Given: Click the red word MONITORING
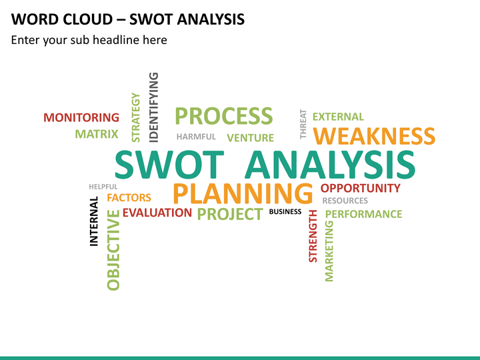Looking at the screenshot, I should [81, 118].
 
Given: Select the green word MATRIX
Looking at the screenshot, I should [97, 134].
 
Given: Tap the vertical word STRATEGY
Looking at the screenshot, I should [136, 117].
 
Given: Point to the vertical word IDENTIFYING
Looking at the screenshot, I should [154, 107].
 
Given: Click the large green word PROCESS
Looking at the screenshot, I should [223, 116].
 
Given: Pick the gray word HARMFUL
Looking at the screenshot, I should [196, 137].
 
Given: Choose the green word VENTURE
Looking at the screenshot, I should [250, 138].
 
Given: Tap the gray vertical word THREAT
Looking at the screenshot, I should [303, 124].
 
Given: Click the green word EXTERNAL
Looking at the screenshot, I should [338, 117].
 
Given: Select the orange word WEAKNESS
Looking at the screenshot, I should [374, 137].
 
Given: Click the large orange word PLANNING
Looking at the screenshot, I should [243, 193].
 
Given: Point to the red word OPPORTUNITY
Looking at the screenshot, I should [361, 188].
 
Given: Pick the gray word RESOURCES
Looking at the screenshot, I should [345, 201].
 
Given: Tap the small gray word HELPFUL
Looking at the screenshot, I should [103, 187].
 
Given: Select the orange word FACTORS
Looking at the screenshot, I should [129, 198].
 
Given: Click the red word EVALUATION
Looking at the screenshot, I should [157, 213].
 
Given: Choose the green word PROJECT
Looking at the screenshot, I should [230, 214].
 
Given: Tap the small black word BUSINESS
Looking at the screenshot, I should [285, 212].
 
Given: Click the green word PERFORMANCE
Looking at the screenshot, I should [363, 214].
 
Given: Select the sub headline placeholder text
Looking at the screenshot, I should [89, 40].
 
